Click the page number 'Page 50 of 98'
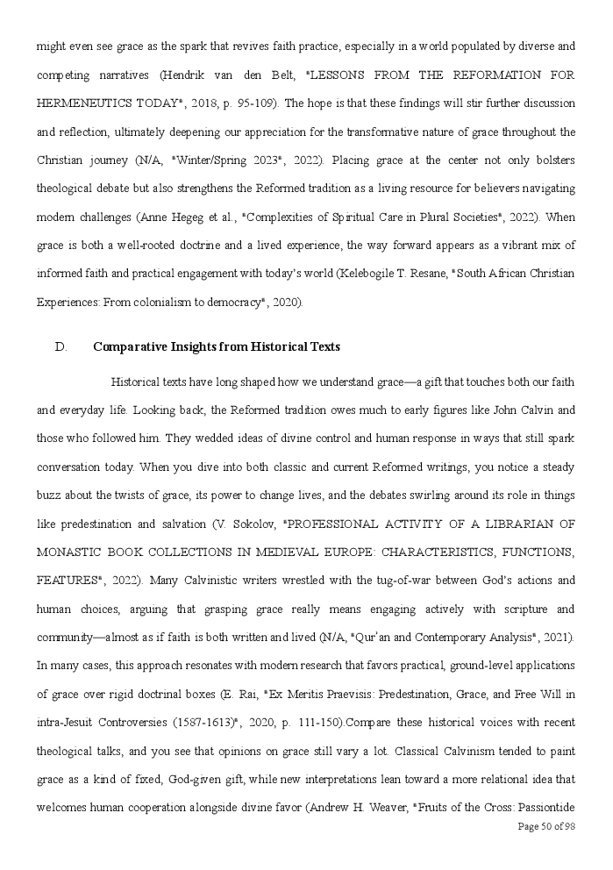pos(546,826)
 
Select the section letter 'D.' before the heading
pos(61,347)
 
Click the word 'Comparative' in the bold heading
pos(129,347)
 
